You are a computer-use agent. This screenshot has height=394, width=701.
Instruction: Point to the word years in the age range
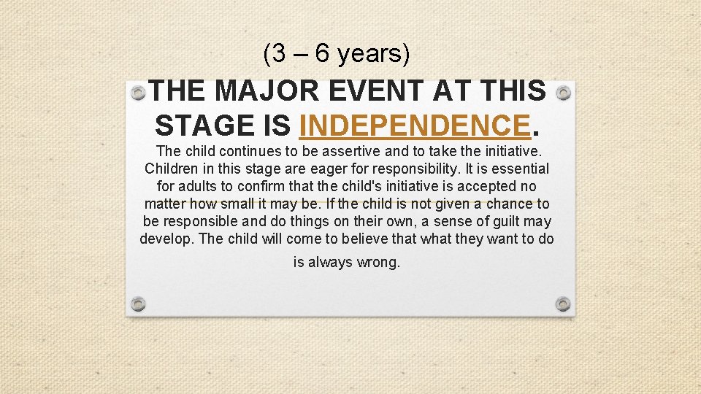pos(373,53)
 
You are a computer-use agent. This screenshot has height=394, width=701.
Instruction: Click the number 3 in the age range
pos(277,53)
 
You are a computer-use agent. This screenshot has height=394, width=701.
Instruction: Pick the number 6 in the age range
pos(321,53)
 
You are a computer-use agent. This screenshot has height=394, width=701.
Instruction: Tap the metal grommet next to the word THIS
pos(562,93)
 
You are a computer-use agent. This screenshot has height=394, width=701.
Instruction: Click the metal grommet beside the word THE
pos(138,93)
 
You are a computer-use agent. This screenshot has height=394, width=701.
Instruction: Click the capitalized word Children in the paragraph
pos(172,169)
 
